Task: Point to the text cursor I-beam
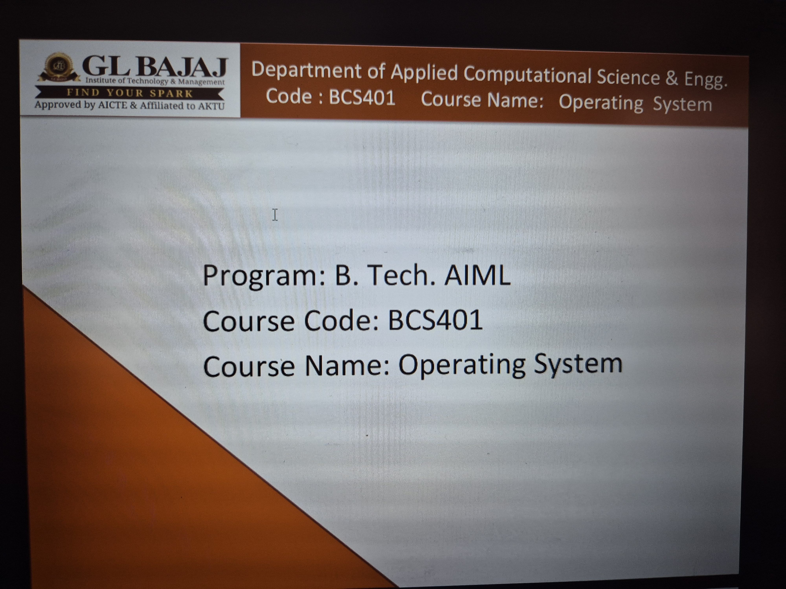tap(275, 215)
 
